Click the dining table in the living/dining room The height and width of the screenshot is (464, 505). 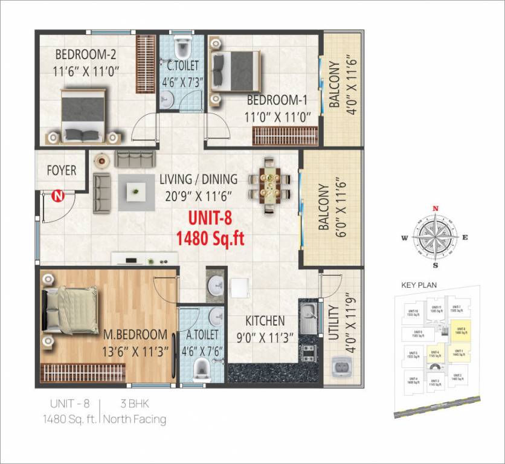click(269, 186)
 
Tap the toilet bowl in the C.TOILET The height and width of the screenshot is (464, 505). click(181, 46)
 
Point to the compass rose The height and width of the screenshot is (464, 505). click(435, 236)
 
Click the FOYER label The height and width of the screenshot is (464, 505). click(62, 170)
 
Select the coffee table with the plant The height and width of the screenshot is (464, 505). click(135, 192)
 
